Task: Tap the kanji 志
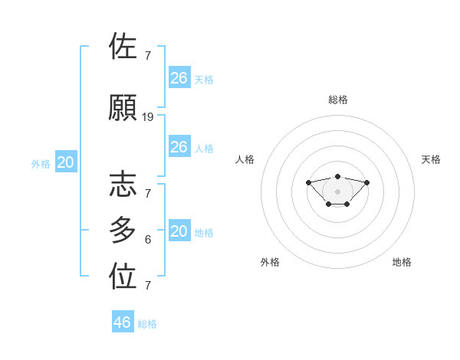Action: pyautogui.click(x=123, y=184)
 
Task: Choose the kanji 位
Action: pyautogui.click(x=123, y=277)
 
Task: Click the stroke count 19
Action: pyautogui.click(x=148, y=117)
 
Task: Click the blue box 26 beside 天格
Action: pyautogui.click(x=179, y=77)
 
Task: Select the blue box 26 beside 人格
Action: pyautogui.click(x=179, y=147)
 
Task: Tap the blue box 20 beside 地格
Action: pyautogui.click(x=179, y=231)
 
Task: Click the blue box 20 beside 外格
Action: pyautogui.click(x=66, y=162)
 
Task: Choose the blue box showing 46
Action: pyautogui.click(x=123, y=322)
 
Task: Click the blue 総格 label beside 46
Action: pyautogui.click(x=147, y=324)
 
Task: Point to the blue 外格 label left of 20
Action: pyautogui.click(x=41, y=163)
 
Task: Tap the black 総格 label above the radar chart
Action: pyautogui.click(x=338, y=100)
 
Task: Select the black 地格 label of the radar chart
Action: pyautogui.click(x=402, y=262)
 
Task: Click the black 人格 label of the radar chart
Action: pyautogui.click(x=245, y=159)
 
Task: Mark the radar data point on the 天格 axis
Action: pyautogui.click(x=367, y=182)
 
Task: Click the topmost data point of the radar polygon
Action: pyautogui.click(x=338, y=176)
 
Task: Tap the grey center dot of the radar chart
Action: pyautogui.click(x=338, y=191)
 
